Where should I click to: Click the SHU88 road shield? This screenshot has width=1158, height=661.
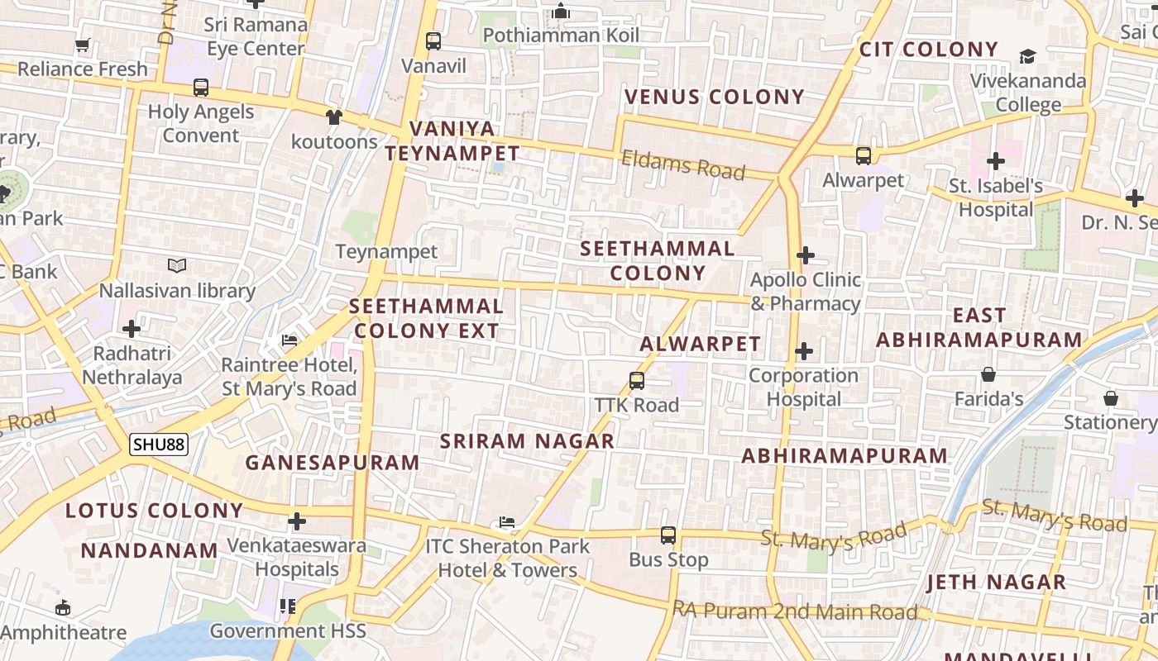pyautogui.click(x=159, y=445)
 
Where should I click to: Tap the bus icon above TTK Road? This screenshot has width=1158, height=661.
pyautogui.click(x=636, y=381)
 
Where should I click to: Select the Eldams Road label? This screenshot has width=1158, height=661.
pyautogui.click(x=683, y=164)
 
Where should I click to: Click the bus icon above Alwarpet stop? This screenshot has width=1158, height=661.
pyautogui.click(x=863, y=155)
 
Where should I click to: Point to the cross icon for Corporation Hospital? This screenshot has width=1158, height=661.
pyautogui.click(x=803, y=352)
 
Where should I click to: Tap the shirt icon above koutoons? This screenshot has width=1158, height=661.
pyautogui.click(x=333, y=117)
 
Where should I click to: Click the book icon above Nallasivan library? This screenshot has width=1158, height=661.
pyautogui.click(x=177, y=266)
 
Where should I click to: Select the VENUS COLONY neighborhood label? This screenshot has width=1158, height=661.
pyautogui.click(x=714, y=97)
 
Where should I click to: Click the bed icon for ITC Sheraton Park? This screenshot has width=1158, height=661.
pyautogui.click(x=507, y=522)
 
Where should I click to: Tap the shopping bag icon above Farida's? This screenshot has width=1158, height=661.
pyautogui.click(x=988, y=375)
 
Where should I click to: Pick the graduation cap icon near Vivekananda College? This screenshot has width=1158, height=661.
pyautogui.click(x=1027, y=56)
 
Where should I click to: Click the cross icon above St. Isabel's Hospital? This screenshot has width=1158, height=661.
pyautogui.click(x=995, y=161)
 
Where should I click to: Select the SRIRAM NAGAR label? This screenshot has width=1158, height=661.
pyautogui.click(x=527, y=441)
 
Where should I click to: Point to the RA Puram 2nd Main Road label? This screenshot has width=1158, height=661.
pyautogui.click(x=795, y=611)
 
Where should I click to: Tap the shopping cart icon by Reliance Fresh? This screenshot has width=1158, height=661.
pyautogui.click(x=82, y=45)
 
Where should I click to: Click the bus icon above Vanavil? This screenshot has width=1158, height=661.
pyautogui.click(x=433, y=40)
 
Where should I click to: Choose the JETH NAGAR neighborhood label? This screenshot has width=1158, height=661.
pyautogui.click(x=996, y=583)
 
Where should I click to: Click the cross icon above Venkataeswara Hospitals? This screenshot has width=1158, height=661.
pyautogui.click(x=296, y=521)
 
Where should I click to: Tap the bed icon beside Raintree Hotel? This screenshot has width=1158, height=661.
pyautogui.click(x=289, y=340)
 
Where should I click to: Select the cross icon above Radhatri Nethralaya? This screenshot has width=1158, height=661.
pyautogui.click(x=132, y=329)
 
